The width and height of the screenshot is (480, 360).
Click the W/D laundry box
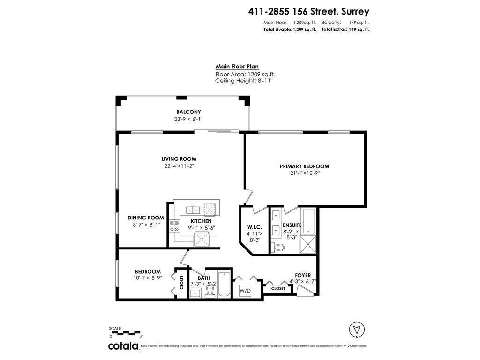[x=246, y=291]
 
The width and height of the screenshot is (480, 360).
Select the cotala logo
[x=124, y=346]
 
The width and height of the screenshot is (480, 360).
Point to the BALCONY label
[x=188, y=112]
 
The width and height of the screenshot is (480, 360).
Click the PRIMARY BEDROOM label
[x=304, y=166]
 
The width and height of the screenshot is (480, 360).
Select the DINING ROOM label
[x=146, y=217]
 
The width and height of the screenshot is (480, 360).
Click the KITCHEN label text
[x=201, y=221]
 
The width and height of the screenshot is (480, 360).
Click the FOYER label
[x=302, y=275]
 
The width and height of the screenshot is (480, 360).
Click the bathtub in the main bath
[x=224, y=285]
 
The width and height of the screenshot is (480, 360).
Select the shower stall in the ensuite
[x=309, y=243]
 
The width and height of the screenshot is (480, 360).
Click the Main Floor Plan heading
[x=237, y=67]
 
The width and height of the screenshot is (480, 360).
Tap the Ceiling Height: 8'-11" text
[x=244, y=81]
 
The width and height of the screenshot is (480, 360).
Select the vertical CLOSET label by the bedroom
[x=182, y=283]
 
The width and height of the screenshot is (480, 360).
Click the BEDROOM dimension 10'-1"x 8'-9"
[x=148, y=278]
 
